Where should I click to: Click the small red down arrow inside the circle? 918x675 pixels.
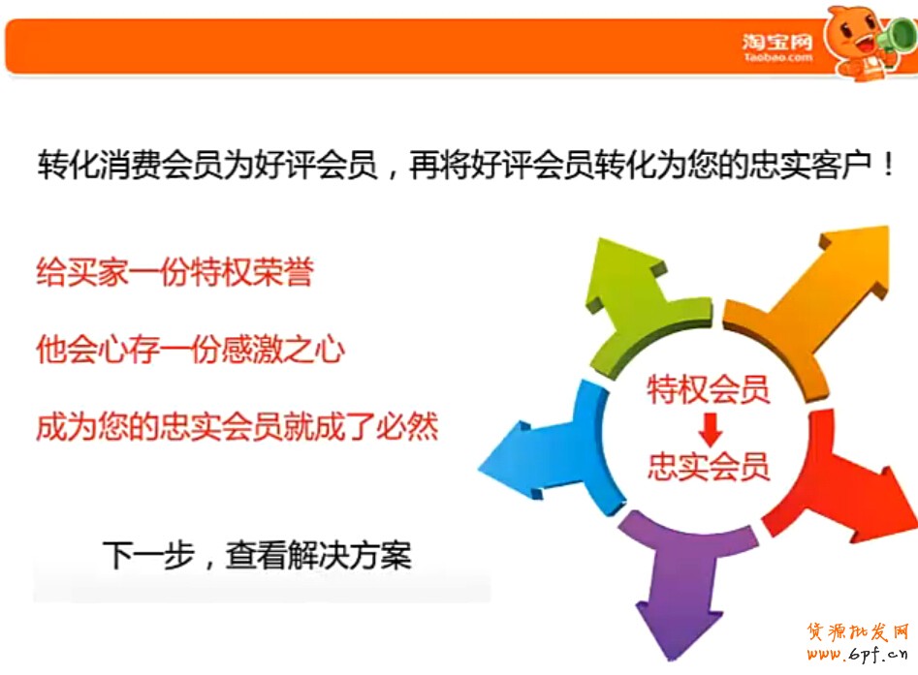coord(710,430)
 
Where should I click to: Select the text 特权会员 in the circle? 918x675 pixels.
coord(708,389)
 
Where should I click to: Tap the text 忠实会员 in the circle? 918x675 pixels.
coord(708,466)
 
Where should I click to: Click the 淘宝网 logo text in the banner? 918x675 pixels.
coord(777,42)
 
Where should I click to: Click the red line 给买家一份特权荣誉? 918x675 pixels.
coord(175,272)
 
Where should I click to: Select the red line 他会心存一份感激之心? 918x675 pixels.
coord(190,350)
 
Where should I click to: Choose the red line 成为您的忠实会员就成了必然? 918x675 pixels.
coord(237,426)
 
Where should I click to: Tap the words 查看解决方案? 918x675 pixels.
coord(319,555)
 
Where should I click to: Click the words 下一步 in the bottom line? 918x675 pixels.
coord(148,555)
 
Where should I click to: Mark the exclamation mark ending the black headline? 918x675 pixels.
coord(889,165)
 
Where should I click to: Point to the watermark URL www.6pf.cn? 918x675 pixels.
coord(857,655)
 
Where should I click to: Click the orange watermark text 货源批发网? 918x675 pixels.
coord(858,632)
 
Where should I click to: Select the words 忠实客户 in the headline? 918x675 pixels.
coord(810,165)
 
